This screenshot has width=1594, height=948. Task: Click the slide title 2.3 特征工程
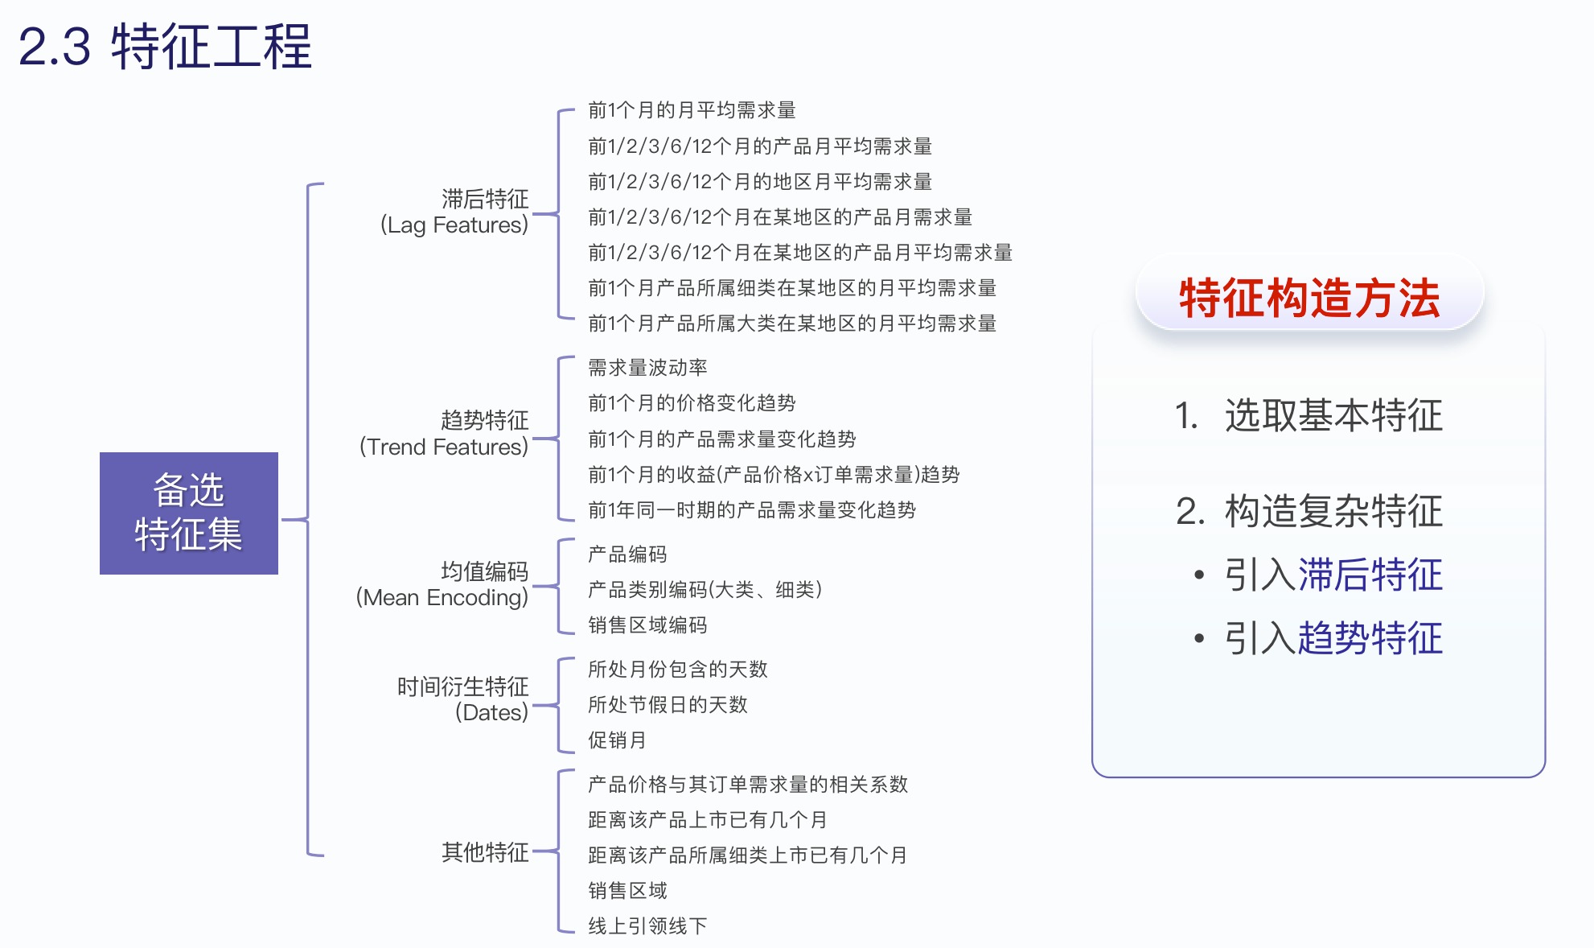coord(165,47)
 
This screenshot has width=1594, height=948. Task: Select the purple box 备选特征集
coord(189,513)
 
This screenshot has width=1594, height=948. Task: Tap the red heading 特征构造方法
coord(1309,298)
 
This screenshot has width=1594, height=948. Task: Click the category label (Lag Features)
coord(454,225)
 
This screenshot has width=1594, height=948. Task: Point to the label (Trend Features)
coord(444,447)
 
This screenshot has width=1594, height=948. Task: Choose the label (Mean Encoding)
coord(442,597)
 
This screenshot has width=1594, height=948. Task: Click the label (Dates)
coord(491,712)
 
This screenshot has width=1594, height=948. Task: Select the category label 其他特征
coord(485,851)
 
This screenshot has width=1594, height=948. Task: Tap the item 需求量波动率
coord(647,368)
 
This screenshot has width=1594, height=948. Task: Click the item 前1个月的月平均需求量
coord(692,110)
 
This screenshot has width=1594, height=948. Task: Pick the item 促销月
coord(617,740)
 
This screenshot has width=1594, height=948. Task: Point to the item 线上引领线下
coord(647,926)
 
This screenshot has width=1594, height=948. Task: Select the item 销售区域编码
coord(647,625)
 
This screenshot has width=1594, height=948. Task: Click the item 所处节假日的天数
coord(668,705)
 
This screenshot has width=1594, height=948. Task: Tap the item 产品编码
coord(627,554)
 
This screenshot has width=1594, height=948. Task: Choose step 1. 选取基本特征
coord(1308,416)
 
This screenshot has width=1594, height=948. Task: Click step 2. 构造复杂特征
coord(1308,512)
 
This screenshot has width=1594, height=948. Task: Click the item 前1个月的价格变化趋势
coord(692,403)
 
